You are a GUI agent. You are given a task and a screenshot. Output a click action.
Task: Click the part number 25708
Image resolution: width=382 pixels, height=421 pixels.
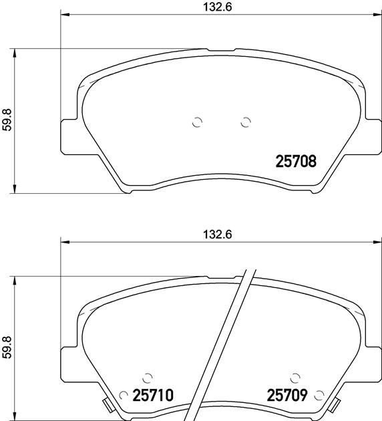pos(296,161)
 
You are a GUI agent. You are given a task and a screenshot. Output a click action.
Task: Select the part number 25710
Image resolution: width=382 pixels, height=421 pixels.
pos(153,396)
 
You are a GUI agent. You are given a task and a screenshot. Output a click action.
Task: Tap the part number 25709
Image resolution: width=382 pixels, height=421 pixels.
pos(286,396)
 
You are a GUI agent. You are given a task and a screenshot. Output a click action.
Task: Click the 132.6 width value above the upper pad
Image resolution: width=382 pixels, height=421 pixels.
pos(217,7)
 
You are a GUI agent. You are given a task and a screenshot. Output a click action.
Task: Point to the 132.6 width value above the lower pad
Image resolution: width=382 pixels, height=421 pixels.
pos(217,235)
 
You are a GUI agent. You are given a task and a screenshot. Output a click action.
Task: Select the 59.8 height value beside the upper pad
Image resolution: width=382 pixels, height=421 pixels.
pos(7,120)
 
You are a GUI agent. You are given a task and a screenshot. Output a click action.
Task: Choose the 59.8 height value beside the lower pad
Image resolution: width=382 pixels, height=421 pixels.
pos(7,347)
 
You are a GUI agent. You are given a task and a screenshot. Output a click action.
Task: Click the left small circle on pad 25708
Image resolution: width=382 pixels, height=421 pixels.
pos(197,122)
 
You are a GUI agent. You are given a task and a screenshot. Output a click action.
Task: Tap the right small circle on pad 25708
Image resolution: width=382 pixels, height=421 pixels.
pos(246,122)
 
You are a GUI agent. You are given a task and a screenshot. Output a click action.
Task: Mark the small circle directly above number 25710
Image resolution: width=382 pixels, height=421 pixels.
pos(148,378)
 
